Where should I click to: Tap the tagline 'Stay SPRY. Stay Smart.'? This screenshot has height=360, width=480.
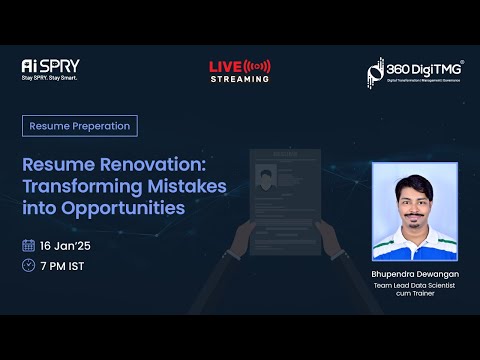[50, 77]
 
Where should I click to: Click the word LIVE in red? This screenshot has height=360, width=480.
[225, 66]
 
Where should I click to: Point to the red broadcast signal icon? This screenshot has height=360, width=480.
[258, 66]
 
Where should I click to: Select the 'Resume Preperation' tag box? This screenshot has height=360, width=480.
[80, 126]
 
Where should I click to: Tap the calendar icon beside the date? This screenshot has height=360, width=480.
[28, 245]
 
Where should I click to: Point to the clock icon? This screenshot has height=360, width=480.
[28, 265]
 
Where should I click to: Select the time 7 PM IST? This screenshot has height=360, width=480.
[63, 265]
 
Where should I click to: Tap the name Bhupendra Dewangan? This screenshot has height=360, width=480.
[414, 272]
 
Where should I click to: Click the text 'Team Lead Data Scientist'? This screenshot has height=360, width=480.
[414, 285]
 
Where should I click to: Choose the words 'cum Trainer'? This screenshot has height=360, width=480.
[414, 295]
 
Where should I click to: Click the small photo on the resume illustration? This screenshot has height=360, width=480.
[265, 180]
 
